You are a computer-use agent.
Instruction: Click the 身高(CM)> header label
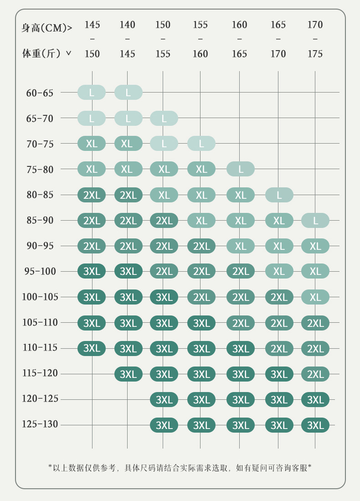(46, 28)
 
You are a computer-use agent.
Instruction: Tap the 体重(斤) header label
(46, 54)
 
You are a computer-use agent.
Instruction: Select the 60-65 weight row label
(40, 93)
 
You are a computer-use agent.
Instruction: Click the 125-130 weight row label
(40, 424)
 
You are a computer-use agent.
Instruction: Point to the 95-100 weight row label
(40, 272)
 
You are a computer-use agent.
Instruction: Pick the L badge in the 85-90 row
(315, 221)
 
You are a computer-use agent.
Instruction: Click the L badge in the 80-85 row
(279, 195)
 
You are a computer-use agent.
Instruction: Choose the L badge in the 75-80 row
(241, 169)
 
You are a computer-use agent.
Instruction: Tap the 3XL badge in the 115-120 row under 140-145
(128, 374)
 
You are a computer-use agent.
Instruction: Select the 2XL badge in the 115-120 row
(315, 374)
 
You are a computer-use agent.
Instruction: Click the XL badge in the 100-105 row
(315, 297)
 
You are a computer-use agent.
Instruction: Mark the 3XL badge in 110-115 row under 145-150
(92, 348)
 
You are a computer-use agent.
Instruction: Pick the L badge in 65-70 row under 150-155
(164, 119)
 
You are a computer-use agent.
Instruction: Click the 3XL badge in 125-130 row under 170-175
(315, 425)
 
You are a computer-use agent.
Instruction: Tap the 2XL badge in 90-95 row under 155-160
(201, 246)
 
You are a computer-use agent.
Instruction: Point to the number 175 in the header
(315, 54)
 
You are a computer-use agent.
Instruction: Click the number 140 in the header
(127, 25)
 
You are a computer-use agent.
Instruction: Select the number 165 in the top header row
(278, 25)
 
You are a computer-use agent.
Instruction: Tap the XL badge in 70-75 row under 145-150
(92, 144)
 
